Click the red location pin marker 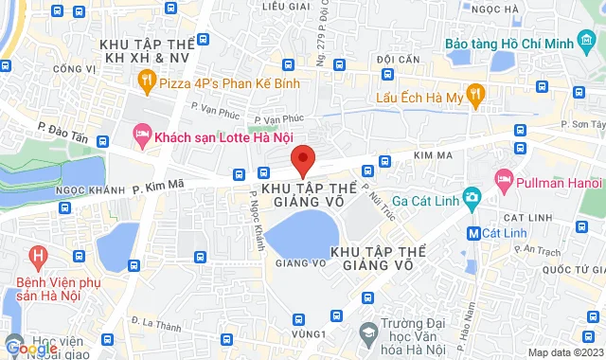pos(302,160)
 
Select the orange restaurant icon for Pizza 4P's pos(147,83)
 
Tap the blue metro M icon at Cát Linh pos(473,232)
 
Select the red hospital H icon pos(38,256)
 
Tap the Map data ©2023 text pos(564,352)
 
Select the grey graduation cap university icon pos(366,333)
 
